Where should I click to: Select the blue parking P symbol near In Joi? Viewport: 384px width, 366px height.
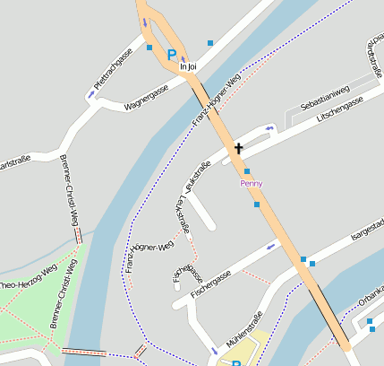coord(171,55)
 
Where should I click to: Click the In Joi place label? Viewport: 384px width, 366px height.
coord(187,66)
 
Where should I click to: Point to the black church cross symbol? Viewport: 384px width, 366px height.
coord(239,147)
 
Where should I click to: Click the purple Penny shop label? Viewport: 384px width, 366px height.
coord(252,183)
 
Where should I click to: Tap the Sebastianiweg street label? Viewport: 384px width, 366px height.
coord(324,100)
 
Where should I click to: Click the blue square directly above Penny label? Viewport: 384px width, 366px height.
coord(246,170)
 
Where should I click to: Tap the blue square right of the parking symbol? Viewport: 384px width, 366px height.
coord(210,42)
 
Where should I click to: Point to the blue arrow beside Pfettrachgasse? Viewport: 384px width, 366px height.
coord(92,93)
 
